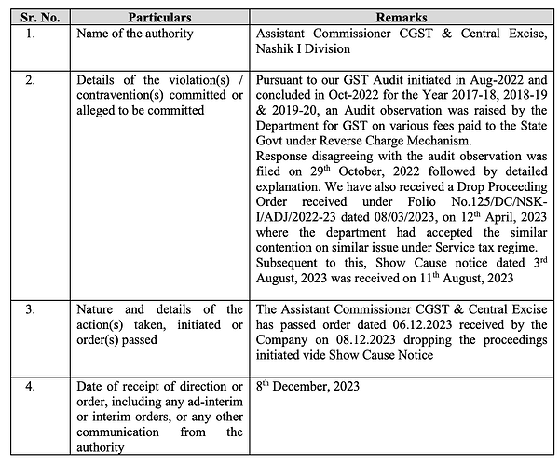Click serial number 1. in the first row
click(x=31, y=34)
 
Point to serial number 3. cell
click(x=31, y=310)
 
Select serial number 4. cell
click(x=31, y=384)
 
